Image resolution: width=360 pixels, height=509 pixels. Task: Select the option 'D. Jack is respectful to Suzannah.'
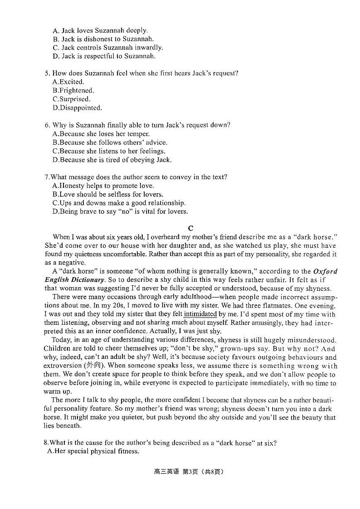104,56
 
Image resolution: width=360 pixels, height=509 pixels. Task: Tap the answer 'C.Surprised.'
71,99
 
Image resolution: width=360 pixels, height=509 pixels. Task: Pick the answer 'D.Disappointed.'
77,108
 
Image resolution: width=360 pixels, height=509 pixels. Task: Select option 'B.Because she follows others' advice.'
110,142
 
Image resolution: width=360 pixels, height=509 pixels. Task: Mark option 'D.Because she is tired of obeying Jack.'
112,160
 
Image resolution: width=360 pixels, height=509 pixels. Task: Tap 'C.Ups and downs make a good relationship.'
119,203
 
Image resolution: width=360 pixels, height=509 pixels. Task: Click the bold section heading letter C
190,228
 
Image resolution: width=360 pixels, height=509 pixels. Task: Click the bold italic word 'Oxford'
325,271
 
